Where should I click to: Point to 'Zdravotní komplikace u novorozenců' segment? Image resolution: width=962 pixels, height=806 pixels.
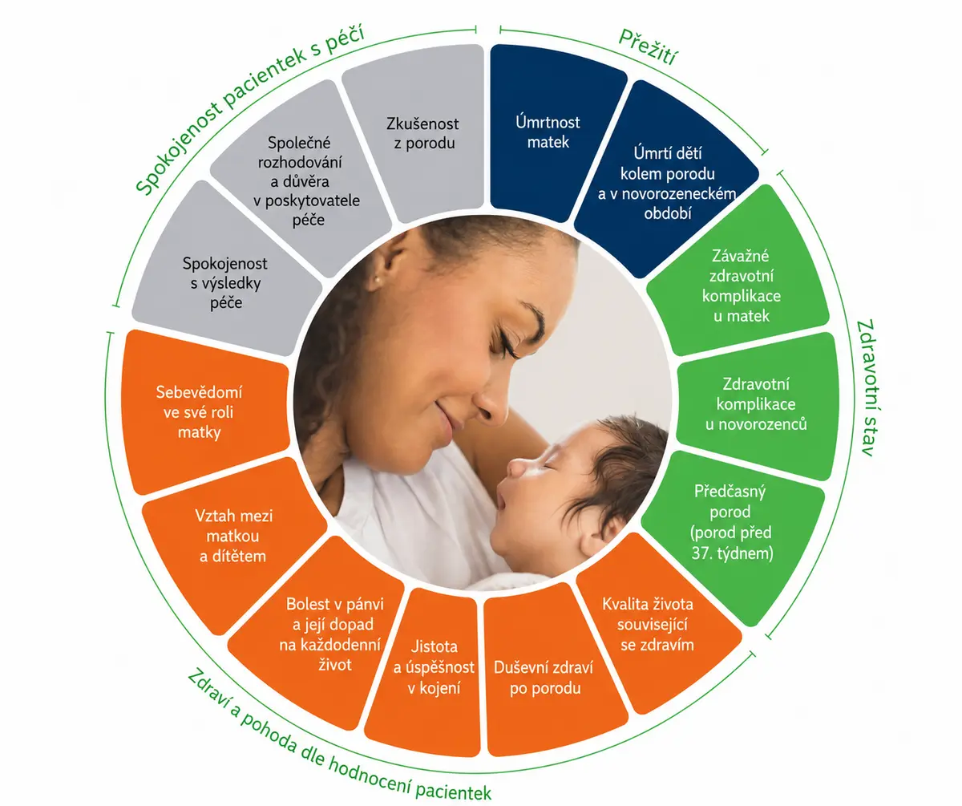point(757,404)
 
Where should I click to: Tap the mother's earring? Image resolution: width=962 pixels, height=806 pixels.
point(378,279)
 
